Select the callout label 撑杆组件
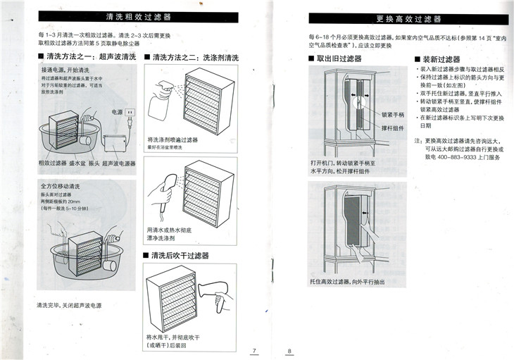pos(393,129)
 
